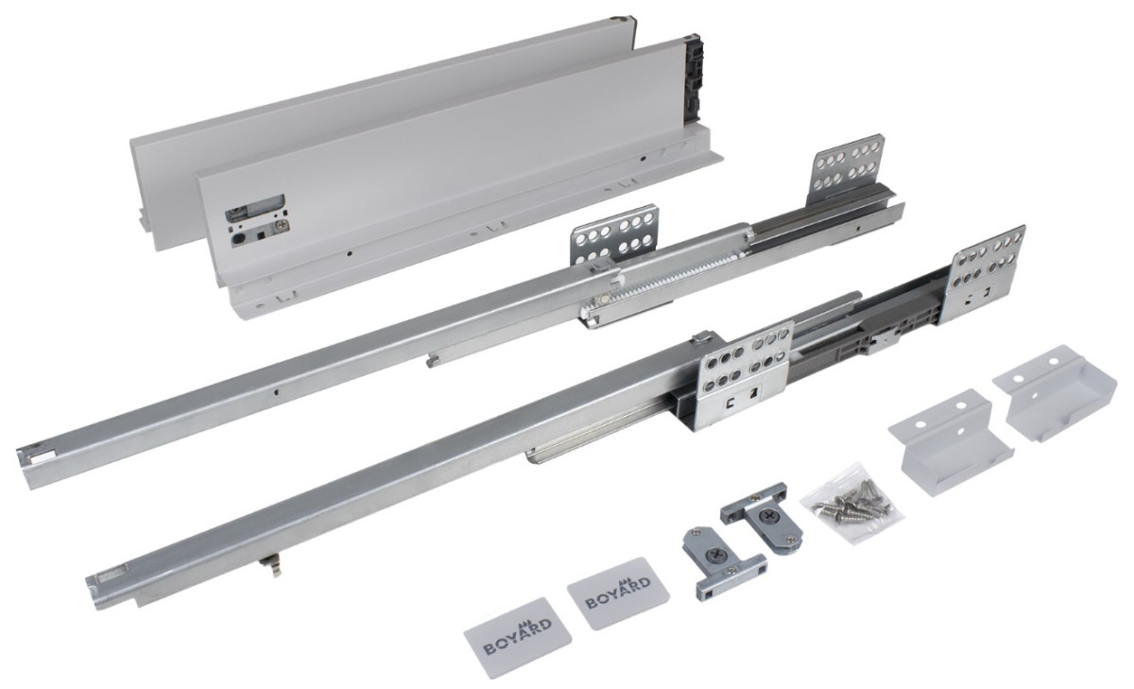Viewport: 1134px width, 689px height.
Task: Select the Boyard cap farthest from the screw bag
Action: (518, 637)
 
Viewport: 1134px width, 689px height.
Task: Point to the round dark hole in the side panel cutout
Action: (237, 237)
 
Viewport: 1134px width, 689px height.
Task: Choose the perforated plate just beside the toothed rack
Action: (613, 238)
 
